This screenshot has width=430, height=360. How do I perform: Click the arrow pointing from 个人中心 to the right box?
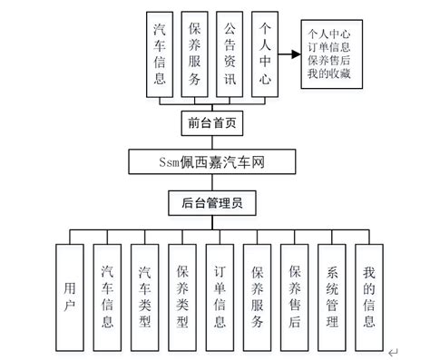[290, 54]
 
